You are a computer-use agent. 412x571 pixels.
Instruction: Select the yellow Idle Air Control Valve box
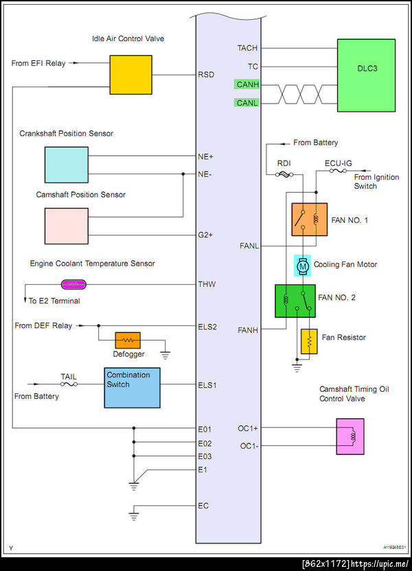pyautogui.click(x=131, y=75)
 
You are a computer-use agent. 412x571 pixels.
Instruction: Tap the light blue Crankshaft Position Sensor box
pyautogui.click(x=67, y=165)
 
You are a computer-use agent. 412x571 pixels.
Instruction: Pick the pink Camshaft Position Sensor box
pyautogui.click(x=67, y=226)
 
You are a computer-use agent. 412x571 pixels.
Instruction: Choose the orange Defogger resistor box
pyautogui.click(x=128, y=340)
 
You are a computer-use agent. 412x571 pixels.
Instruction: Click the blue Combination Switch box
pyautogui.click(x=133, y=386)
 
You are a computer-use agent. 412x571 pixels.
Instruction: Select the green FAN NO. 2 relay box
pyautogui.click(x=295, y=301)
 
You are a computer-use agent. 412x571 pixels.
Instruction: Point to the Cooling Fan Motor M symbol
pyautogui.click(x=303, y=265)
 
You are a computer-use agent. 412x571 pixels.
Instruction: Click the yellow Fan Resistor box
pyautogui.click(x=310, y=341)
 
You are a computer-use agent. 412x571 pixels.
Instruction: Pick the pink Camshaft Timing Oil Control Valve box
pyautogui.click(x=350, y=436)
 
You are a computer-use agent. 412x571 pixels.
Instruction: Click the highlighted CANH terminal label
pyautogui.click(x=247, y=85)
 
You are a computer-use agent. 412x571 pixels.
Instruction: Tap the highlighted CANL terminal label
pyautogui.click(x=247, y=104)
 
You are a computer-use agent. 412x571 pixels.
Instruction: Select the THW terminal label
pyautogui.click(x=207, y=284)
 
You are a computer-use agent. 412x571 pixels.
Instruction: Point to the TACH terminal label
pyautogui.click(x=247, y=49)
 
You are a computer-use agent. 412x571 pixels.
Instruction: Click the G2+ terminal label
pyautogui.click(x=206, y=235)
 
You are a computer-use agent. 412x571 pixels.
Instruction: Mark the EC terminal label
pyautogui.click(x=203, y=506)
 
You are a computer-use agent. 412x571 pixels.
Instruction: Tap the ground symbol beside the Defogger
pyautogui.click(x=164, y=355)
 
